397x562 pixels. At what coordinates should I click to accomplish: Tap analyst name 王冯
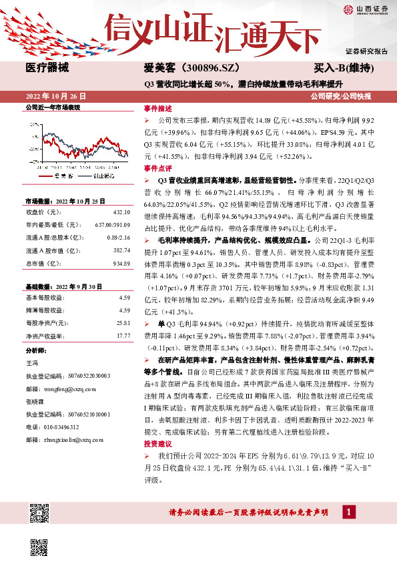click(x=31, y=362)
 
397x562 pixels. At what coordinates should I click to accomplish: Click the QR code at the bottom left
click(x=39, y=515)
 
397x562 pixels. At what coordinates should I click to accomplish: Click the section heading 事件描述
click(x=157, y=107)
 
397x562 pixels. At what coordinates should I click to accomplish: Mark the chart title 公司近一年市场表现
click(x=52, y=107)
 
